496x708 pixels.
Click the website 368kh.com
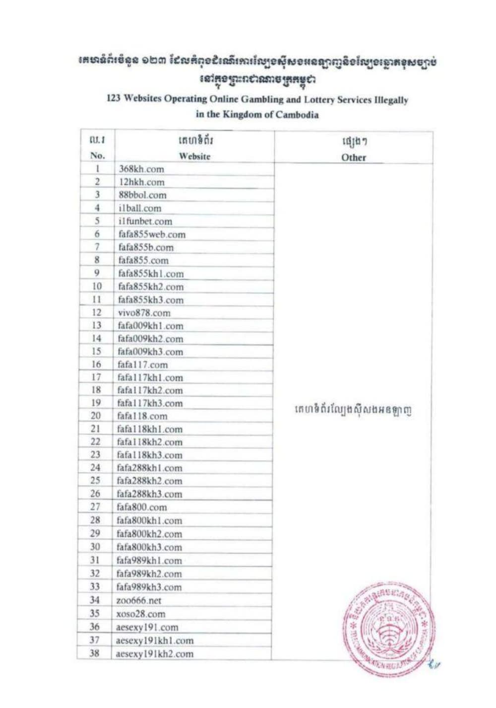pyautogui.click(x=141, y=169)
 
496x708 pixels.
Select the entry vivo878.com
pyautogui.click(x=144, y=313)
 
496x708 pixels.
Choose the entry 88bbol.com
pyautogui.click(x=142, y=195)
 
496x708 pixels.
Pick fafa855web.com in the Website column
pyautogui.click(x=152, y=234)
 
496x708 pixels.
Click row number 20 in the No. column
pyautogui.click(x=96, y=416)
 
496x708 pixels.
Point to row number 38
pyautogui.click(x=94, y=653)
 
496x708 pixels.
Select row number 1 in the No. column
pyautogui.click(x=98, y=169)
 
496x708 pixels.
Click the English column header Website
pyautogui.click(x=194, y=156)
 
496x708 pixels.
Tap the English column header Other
pyautogui.click(x=353, y=157)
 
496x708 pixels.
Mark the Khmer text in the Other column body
pyautogui.click(x=353, y=411)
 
